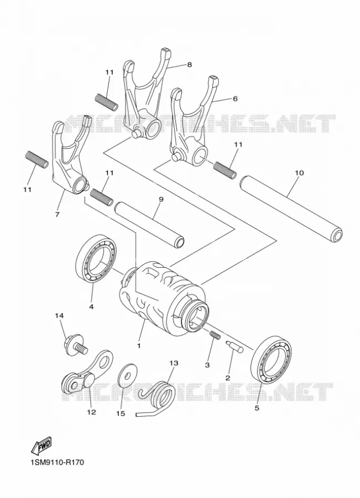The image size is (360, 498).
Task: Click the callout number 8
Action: (x=190, y=65)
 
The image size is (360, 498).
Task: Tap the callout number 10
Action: (x=299, y=173)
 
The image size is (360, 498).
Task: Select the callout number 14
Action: (x=59, y=316)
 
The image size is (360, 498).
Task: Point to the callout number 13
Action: (x=174, y=362)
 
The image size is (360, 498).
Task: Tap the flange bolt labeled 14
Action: (x=75, y=345)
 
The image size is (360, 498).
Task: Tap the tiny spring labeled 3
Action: (x=215, y=335)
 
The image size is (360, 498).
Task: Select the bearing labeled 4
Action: (x=96, y=258)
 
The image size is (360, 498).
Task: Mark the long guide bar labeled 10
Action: (x=291, y=207)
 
